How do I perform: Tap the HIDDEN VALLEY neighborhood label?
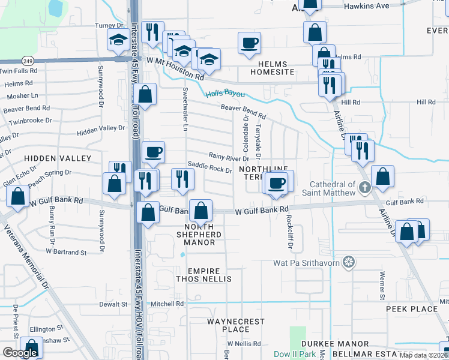point(58,158)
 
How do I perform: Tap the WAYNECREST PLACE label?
point(235,325)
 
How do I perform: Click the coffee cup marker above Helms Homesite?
point(250,43)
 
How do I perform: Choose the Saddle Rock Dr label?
point(209,167)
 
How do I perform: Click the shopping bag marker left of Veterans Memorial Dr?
point(18,196)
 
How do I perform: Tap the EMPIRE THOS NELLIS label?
point(203,275)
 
